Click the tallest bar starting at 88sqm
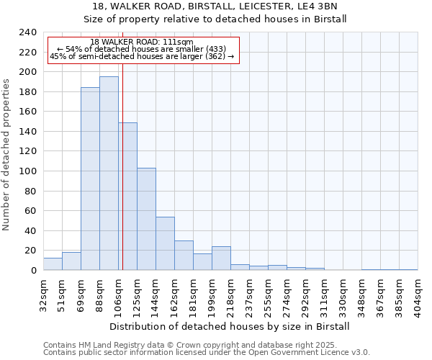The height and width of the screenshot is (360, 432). pyautogui.click(x=109, y=174)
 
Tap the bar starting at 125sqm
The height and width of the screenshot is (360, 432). pyautogui.click(x=146, y=219)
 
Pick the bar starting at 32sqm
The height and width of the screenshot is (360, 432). pyautogui.click(x=53, y=264)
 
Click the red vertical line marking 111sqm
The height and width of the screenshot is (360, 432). pyautogui.click(x=122, y=180)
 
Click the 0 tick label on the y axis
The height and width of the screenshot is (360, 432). pyautogui.click(x=33, y=270)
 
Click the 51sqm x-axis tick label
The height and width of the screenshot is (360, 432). pyautogui.click(x=62, y=292)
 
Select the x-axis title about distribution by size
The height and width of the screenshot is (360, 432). pyautogui.click(x=230, y=326)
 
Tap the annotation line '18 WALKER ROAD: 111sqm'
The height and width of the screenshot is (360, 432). pyautogui.click(x=142, y=42)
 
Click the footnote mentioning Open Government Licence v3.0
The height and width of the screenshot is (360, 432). pyautogui.click(x=207, y=353)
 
